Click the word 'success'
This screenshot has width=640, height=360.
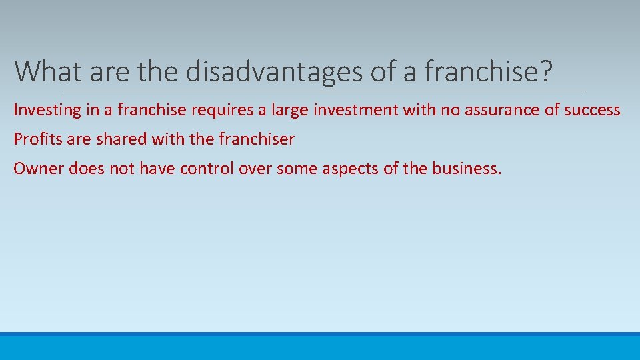tap(592, 110)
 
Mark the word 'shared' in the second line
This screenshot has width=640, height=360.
tap(122, 139)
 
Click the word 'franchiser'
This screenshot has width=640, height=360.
tap(256, 139)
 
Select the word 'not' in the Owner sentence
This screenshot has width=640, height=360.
tap(122, 168)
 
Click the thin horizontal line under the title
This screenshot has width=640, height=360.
tap(324, 91)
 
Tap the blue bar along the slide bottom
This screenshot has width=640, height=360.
tap(320, 347)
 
